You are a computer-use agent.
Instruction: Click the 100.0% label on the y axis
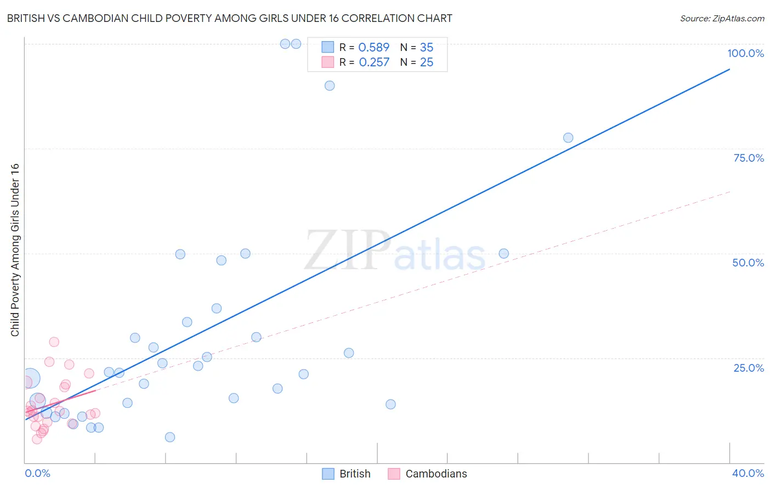[x=745, y=53]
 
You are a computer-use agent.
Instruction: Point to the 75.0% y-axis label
[x=749, y=158]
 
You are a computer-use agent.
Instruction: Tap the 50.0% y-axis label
[x=748, y=263]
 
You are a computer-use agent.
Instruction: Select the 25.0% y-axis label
[x=749, y=367]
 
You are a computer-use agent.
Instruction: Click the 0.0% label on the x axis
[x=37, y=473]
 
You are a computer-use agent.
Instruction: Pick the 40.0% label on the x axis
[x=747, y=473]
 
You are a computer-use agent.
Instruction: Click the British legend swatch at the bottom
[x=328, y=474]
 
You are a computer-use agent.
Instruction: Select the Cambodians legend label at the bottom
[x=436, y=474]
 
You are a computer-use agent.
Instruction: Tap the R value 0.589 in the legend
[x=373, y=47]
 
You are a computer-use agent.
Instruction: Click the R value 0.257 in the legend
[x=374, y=62]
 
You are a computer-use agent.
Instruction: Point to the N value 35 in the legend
[x=427, y=47]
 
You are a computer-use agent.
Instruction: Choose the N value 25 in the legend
[x=427, y=62]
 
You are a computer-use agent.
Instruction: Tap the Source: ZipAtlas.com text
[x=722, y=18]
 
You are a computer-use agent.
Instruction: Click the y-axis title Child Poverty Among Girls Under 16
[x=15, y=250]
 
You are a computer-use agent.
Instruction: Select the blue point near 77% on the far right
[x=568, y=138]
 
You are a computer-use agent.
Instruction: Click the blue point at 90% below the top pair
[x=330, y=86]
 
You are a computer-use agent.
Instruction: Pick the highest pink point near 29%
[x=54, y=342]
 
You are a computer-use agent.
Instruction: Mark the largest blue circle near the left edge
[x=30, y=378]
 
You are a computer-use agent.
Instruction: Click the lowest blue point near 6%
[x=170, y=437]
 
